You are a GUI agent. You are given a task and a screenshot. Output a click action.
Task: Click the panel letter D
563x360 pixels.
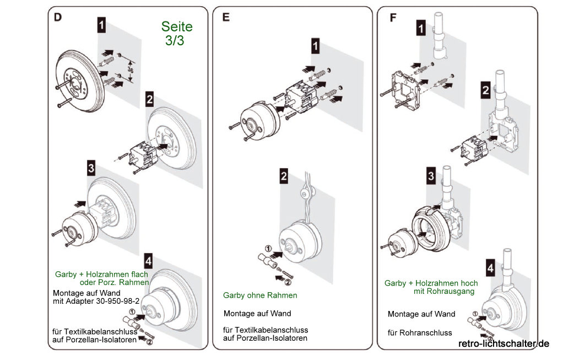point(58,17)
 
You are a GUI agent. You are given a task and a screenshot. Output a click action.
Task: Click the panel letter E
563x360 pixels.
point(226,17)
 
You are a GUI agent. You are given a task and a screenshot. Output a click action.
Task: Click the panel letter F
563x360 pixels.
point(393,17)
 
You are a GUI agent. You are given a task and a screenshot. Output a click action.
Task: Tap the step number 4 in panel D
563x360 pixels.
point(148,260)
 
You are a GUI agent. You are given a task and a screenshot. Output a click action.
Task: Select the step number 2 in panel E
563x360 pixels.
point(283,176)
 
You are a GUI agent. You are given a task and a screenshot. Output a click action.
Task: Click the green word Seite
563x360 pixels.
point(177,26)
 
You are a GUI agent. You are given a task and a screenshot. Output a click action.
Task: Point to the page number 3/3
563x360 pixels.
point(175,41)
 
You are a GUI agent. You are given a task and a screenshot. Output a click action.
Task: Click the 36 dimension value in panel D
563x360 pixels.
point(130,71)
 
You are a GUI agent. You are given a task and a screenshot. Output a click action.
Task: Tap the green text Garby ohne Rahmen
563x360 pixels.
point(260,295)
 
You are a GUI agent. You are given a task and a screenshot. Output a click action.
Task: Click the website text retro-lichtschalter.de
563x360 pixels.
point(504,343)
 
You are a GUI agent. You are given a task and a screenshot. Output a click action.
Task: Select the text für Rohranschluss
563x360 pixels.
point(420,332)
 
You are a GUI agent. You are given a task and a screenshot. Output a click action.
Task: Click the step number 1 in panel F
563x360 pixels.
point(421,28)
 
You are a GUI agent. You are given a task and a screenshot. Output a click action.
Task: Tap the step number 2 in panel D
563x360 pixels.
point(149,99)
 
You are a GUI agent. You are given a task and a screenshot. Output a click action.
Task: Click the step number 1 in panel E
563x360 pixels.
point(315,46)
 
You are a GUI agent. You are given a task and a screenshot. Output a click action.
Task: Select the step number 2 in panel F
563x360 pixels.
point(485,90)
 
